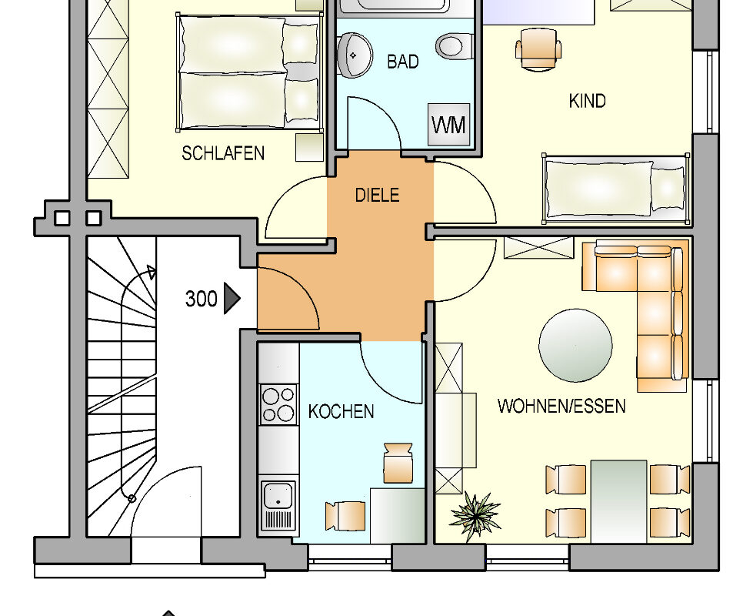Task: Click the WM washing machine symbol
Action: pos(448,123)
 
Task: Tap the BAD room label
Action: pos(403,62)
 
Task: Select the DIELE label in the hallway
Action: pos(377,195)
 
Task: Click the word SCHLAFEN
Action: pos(223,153)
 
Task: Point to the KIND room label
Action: pos(587,101)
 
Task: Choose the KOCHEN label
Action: pos(341,412)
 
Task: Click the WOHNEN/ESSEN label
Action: pos(561,406)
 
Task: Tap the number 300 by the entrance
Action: pos(201,299)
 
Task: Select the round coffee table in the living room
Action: pos(575,345)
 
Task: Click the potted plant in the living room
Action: pos(475,514)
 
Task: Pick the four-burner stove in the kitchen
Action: pos(278,403)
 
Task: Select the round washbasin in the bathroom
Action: pos(355,54)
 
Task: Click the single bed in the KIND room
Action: pos(614,188)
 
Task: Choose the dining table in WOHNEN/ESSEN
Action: pos(618,500)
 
